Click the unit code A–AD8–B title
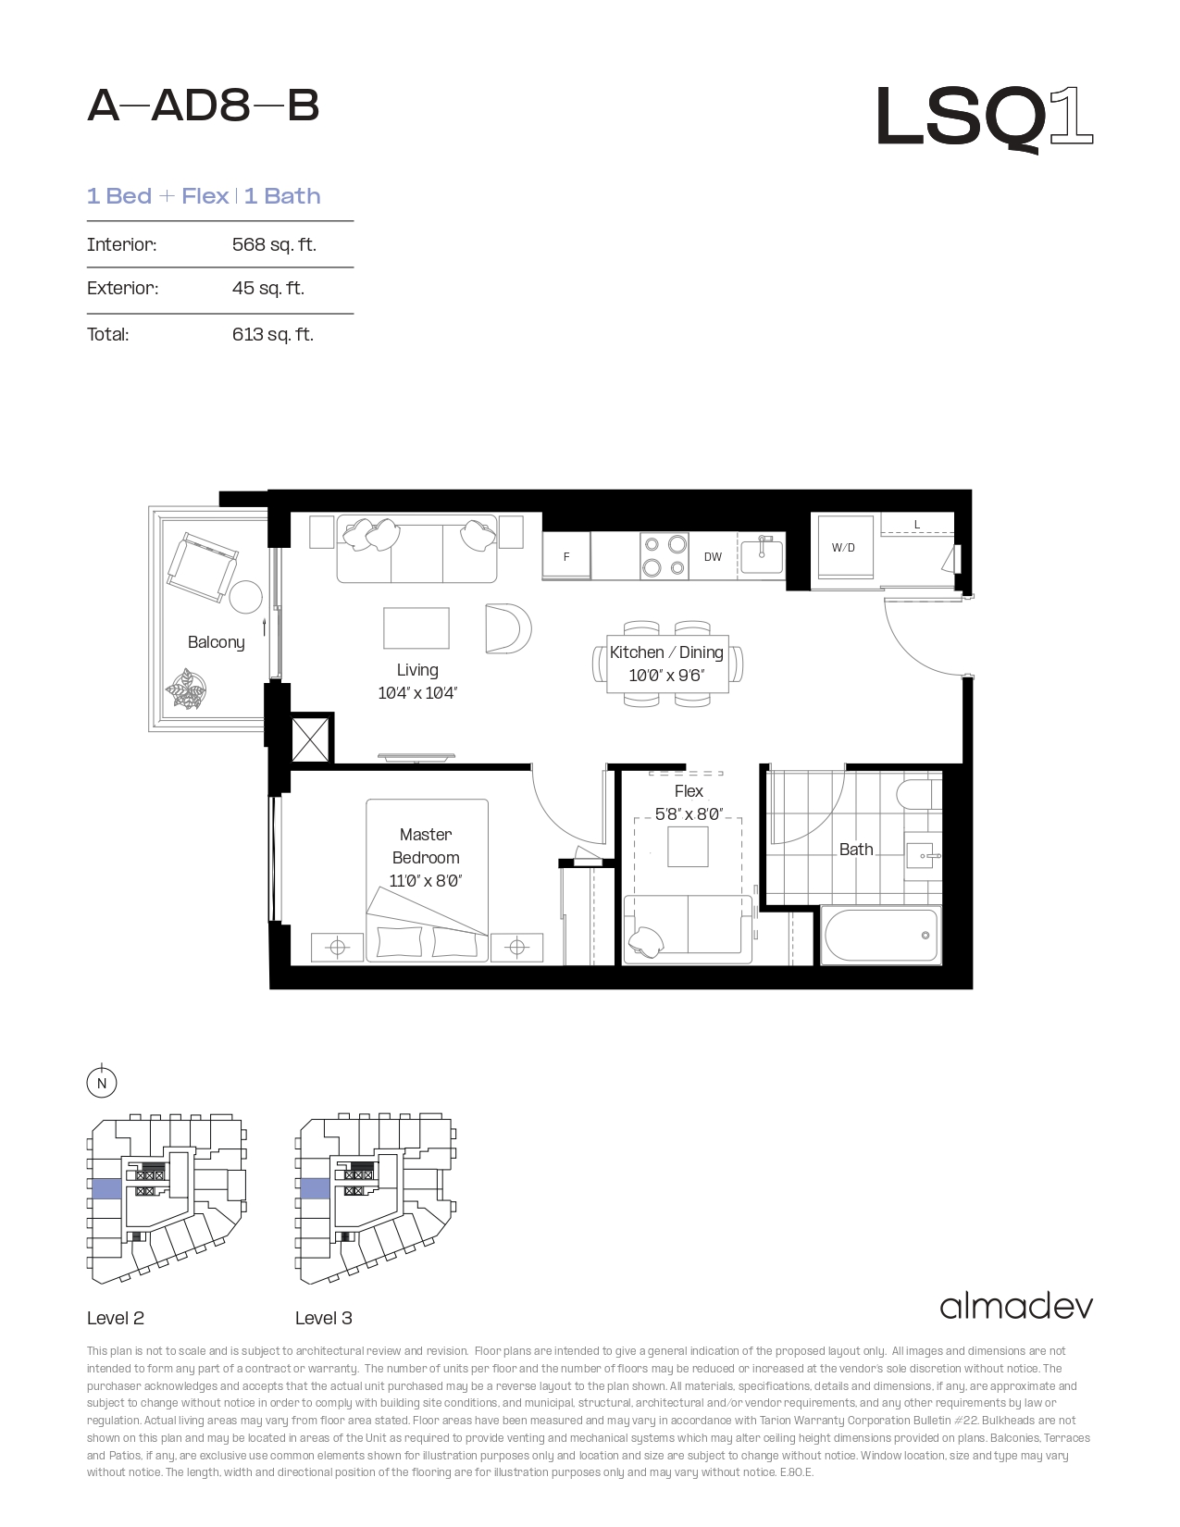coord(203,106)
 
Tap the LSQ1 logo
coord(985,118)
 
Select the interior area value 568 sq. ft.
coord(274,244)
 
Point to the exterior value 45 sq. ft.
coord(267,288)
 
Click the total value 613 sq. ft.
coord(273,334)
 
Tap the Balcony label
coord(217,642)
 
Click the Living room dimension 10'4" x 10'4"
coord(417,693)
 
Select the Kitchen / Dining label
coord(666,652)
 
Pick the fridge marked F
coord(566,556)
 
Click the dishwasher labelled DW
coord(713,556)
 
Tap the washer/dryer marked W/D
coord(843,548)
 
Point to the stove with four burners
coord(665,556)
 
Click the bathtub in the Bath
coord(881,936)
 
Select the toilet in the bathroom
coord(919,794)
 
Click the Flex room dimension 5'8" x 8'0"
coord(689,813)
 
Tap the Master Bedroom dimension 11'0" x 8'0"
coord(425,880)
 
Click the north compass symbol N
coord(102,1083)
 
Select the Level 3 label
coord(324,1318)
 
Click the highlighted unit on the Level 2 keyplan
coord(106,1189)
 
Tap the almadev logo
coord(1016,1307)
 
